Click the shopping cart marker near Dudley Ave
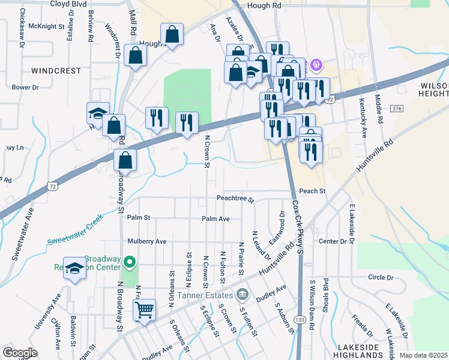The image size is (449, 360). [144, 311]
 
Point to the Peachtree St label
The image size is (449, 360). [235, 199]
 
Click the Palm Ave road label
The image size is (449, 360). [215, 219]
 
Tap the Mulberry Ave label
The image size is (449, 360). [146, 241]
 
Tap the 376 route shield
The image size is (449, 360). [396, 109]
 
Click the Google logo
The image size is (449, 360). [20, 353]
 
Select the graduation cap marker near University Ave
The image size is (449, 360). [75, 269]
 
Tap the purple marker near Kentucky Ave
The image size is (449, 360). [317, 64]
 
